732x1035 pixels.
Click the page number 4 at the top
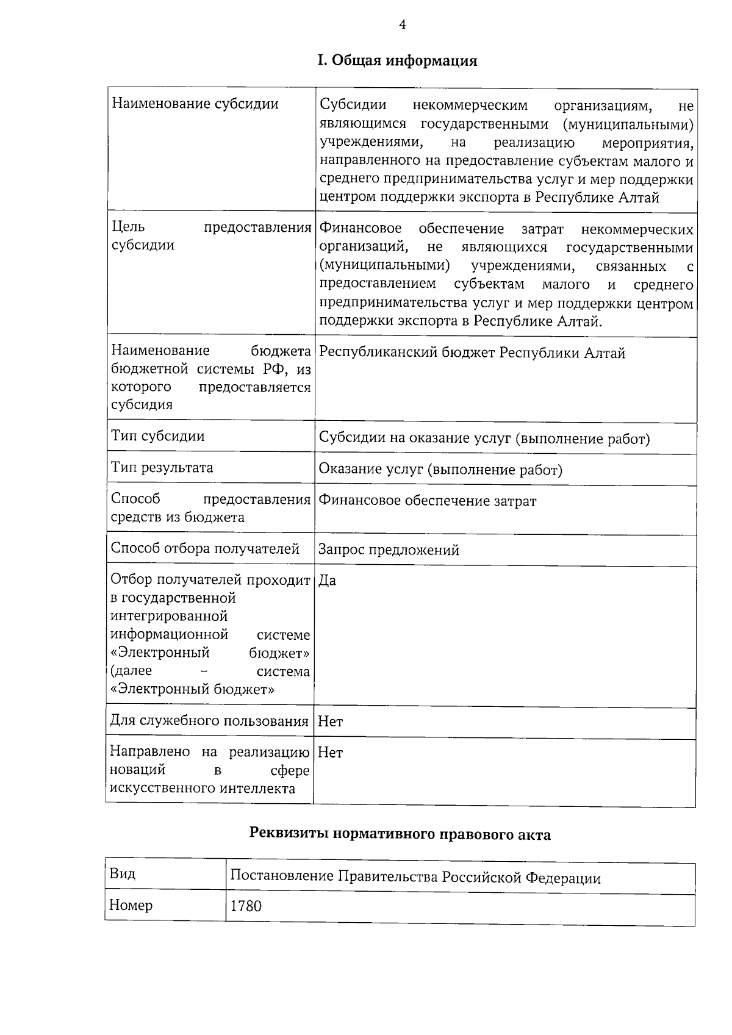pyautogui.click(x=402, y=24)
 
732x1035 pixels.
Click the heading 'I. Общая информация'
pyautogui.click(x=397, y=61)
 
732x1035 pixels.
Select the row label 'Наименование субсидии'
pyautogui.click(x=195, y=104)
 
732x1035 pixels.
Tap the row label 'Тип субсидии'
pyautogui.click(x=157, y=436)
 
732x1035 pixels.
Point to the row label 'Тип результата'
pyautogui.click(x=162, y=468)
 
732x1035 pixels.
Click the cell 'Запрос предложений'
pyautogui.click(x=389, y=550)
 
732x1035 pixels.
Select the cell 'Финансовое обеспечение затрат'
pyautogui.click(x=428, y=501)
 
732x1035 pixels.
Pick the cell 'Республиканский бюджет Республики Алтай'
pyautogui.click(x=472, y=353)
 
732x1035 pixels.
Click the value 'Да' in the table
pyautogui.click(x=328, y=581)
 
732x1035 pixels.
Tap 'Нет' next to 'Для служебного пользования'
pyautogui.click(x=331, y=722)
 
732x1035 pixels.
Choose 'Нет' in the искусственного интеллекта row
pyautogui.click(x=331, y=753)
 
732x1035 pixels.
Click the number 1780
pyautogui.click(x=246, y=906)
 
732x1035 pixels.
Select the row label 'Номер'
pyautogui.click(x=131, y=905)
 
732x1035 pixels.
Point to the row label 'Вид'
pyautogui.click(x=122, y=874)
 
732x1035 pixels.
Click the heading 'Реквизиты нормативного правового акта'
pyautogui.click(x=400, y=835)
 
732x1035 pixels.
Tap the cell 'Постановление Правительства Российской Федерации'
pyautogui.click(x=415, y=878)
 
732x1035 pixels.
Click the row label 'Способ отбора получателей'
pyautogui.click(x=204, y=549)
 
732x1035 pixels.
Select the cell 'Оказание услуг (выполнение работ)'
pyautogui.click(x=440, y=470)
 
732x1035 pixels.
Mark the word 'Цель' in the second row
pyautogui.click(x=128, y=227)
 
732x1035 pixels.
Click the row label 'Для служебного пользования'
pyautogui.click(x=209, y=722)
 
